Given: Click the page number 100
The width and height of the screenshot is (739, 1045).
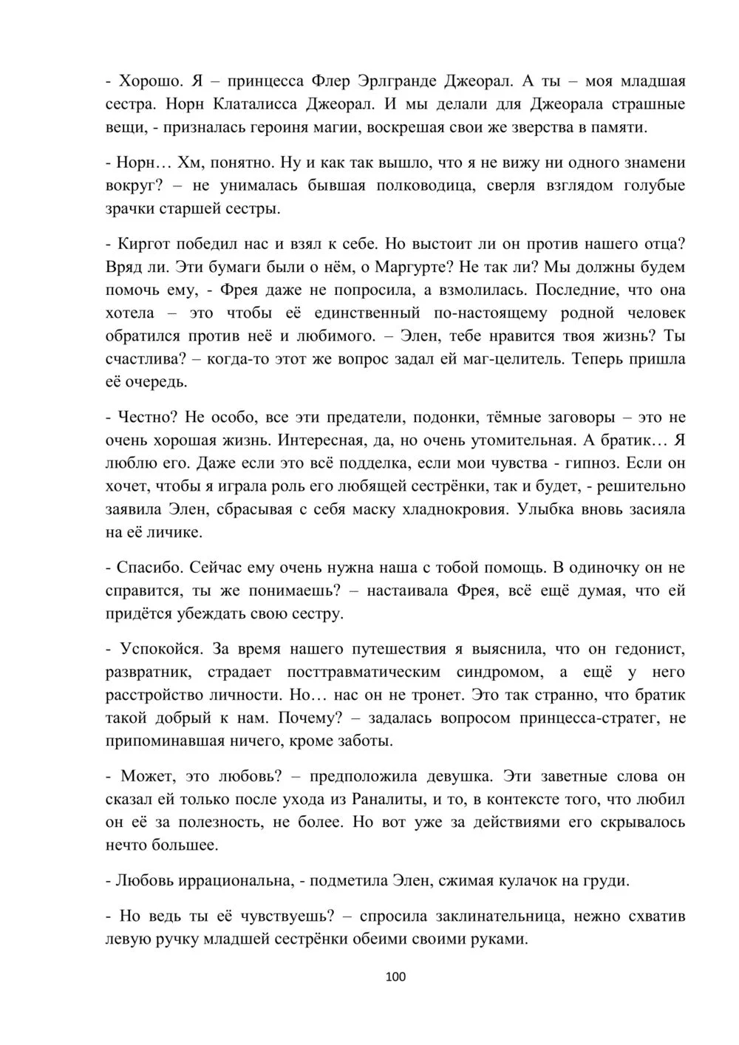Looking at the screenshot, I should point(396,977).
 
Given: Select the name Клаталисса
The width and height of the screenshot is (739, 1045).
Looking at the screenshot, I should point(262,103).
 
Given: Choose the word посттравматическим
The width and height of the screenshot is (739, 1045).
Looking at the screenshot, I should point(360,672).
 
